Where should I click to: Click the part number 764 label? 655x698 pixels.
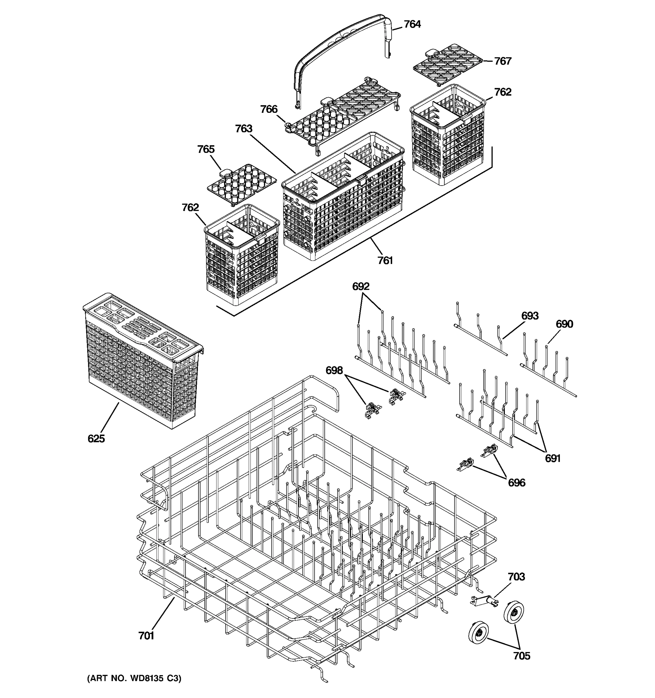tap(412, 24)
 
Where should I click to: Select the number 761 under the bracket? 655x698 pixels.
tap(385, 261)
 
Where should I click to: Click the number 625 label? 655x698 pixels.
tap(96, 439)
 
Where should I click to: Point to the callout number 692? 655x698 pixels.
tap(361, 286)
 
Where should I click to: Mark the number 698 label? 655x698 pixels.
tap(334, 370)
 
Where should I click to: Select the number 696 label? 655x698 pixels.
tap(516, 483)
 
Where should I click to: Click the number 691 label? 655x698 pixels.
tap(553, 458)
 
